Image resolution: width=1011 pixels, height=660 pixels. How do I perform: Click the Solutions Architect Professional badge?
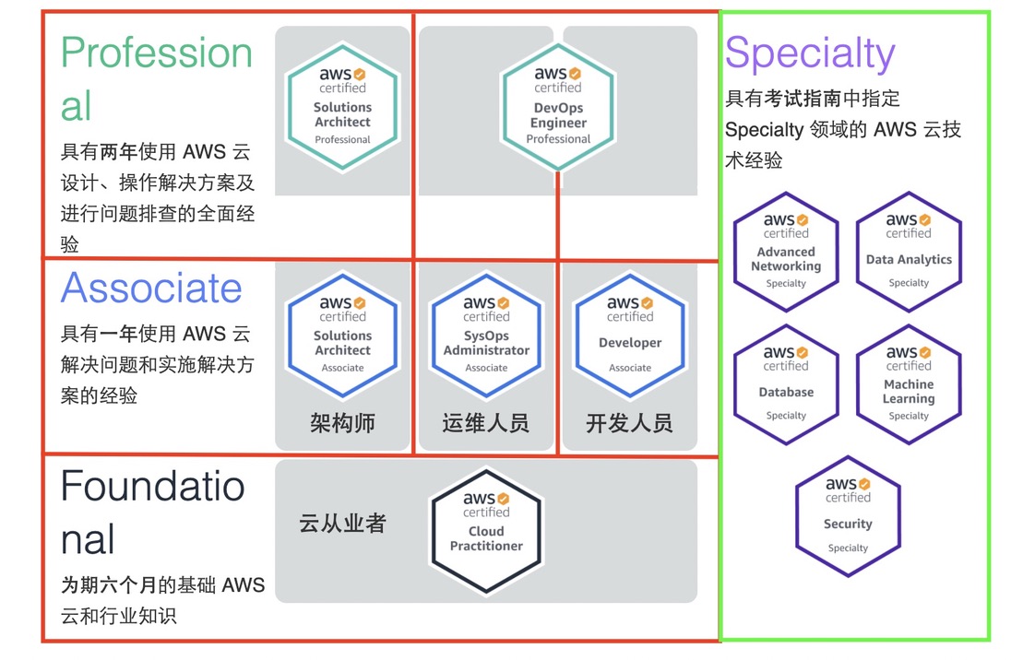pos(342,107)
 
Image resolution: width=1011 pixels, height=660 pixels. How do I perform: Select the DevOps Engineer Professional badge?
pos(558,107)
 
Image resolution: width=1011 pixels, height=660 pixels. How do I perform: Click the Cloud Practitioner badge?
pos(486,531)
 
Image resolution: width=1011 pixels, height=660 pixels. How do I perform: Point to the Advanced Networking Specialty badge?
pos(786,252)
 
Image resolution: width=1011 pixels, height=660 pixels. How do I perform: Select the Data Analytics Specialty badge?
pos(909,252)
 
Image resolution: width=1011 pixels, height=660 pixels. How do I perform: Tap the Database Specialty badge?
pos(786,384)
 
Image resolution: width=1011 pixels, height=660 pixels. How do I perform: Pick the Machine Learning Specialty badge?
pos(909,384)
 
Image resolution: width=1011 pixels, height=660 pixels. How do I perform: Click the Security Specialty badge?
pos(848,516)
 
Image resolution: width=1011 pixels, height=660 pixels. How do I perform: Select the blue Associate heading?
pos(151,288)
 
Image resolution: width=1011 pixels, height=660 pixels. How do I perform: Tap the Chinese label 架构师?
pos(342,423)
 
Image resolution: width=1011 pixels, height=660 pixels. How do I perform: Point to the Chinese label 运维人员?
pos(485,423)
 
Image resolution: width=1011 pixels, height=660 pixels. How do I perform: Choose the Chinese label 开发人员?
pos(629,423)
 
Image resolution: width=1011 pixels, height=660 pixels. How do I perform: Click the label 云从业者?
pos(341,524)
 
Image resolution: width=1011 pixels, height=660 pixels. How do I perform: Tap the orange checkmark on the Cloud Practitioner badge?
pos(503,498)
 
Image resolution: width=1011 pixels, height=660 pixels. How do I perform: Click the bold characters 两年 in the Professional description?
pos(119,151)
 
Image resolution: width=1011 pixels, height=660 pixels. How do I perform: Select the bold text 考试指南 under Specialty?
pos(803,98)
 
